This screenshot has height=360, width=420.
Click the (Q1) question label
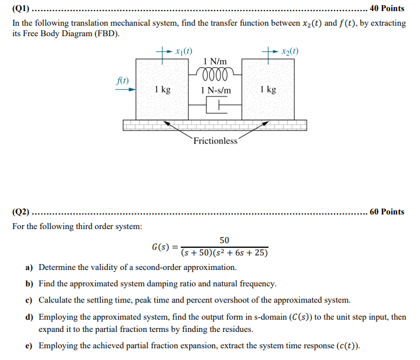pos(20,9)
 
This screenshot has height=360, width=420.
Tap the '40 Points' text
pos(387,9)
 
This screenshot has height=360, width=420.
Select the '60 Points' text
pos(387,212)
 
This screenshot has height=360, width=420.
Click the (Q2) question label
pos(20,212)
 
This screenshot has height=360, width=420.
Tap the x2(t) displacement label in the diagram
pos(290,51)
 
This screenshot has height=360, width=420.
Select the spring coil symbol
pos(215,75)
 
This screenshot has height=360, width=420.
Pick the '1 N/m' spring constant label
pos(215,61)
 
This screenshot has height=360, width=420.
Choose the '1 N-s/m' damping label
pos(215,90)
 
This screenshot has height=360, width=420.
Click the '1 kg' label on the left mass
pos(163,89)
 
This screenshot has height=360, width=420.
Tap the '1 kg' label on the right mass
pos(268,89)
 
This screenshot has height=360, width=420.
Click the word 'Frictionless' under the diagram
pos(215,141)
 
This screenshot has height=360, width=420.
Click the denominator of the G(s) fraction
pos(224,253)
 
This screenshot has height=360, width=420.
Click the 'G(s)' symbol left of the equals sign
pos(160,247)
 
